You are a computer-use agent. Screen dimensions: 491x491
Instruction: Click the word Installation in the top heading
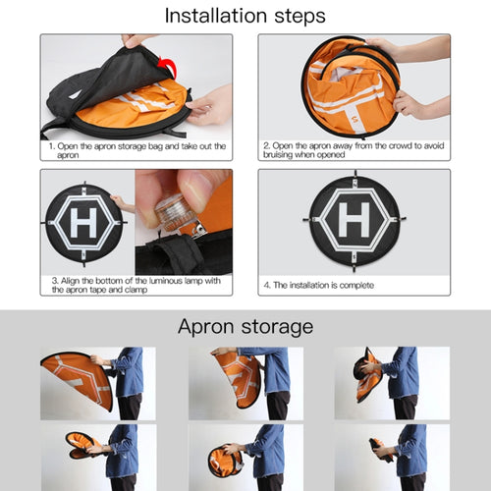pos(216,16)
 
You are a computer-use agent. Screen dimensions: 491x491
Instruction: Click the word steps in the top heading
pos(300,17)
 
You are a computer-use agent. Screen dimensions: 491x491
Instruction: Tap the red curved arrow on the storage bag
pos(168,67)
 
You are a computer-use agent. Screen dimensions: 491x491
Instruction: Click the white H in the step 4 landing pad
pos(355,219)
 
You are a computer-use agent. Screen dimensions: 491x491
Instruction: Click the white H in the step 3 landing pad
pos(83,223)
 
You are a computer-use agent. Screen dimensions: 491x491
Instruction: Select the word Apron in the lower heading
pos(206,327)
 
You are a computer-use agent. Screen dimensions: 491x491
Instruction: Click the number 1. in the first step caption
pos(52,146)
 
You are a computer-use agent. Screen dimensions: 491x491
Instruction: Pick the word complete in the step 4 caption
pos(356,286)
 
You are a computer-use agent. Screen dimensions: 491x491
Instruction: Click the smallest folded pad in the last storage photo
pos(381,449)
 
